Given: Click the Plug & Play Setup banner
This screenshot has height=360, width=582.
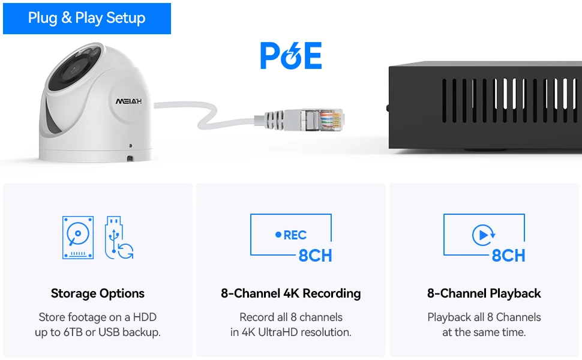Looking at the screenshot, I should point(86,18).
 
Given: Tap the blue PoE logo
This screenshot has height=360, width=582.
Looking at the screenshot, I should point(291,55).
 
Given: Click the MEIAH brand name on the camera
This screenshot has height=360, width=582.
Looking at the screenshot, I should point(129,101).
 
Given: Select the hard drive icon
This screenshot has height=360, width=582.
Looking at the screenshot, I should point(78,238).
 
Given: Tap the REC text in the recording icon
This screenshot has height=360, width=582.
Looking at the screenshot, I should point(295,235).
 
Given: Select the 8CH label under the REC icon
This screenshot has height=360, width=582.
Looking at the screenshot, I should point(315,256).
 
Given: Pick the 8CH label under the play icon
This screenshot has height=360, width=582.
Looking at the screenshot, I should point(508,256).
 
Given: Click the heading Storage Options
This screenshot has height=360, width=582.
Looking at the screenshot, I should point(98,293).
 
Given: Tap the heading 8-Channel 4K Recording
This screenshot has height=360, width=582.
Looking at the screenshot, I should point(291,293).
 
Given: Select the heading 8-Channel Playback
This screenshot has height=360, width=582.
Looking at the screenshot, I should point(484,293).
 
